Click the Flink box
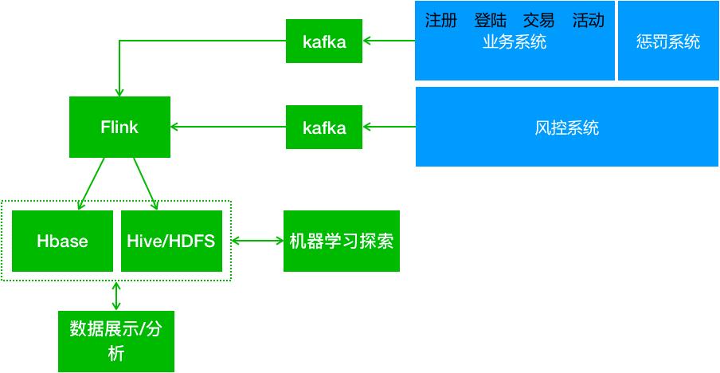pos(119,127)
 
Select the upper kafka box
pos(324,41)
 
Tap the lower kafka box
pos(324,127)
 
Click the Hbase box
pos(62,241)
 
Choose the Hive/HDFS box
pos(170,241)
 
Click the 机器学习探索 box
pos(341,241)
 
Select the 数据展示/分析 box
pos(116,341)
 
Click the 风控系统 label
pos(566,128)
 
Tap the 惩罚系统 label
pos(668,41)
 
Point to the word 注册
pos(440,20)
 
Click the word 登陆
pos(490,20)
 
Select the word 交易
pos(538,20)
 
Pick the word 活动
pos(588,20)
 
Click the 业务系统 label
pos(515,43)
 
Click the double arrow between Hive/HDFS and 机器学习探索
pos(256,240)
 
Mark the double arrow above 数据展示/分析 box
pos(117,295)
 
